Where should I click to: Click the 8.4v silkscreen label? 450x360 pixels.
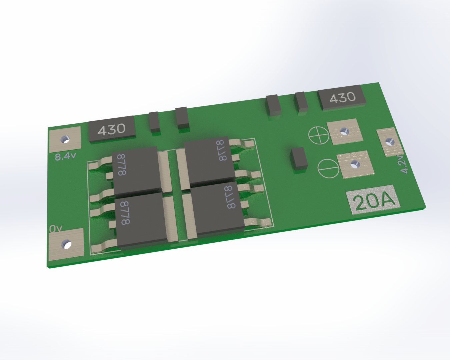(x=65, y=156)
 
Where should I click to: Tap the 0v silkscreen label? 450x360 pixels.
(x=56, y=229)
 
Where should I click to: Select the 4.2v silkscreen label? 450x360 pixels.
(x=403, y=164)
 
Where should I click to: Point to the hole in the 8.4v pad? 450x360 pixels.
(x=65, y=139)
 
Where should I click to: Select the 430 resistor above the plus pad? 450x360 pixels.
(x=342, y=97)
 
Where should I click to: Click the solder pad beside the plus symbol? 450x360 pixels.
(x=345, y=132)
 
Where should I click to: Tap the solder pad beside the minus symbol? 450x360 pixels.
(x=355, y=164)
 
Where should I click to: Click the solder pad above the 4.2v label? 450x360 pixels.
(x=388, y=142)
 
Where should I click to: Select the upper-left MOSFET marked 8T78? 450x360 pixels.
(x=136, y=170)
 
